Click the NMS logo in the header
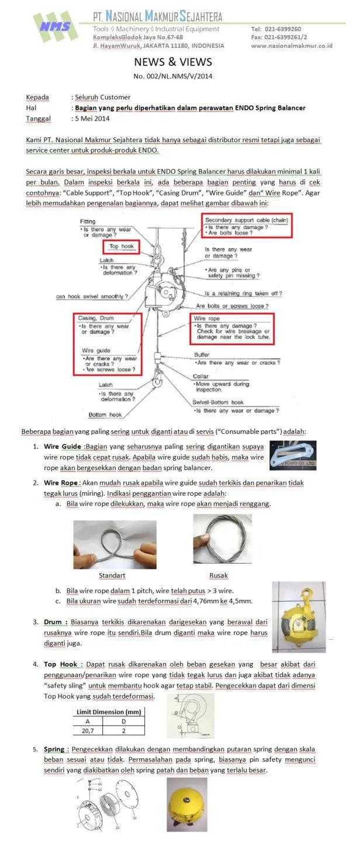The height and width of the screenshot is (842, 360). coord(56,26)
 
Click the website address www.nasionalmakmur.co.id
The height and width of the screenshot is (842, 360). coord(292,46)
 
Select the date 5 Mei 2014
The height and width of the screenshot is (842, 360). coord(94,118)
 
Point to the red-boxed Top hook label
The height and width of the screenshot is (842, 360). coord(121,246)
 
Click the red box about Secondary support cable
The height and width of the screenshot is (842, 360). coord(247,225)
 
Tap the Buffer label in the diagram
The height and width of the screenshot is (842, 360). coord(202,355)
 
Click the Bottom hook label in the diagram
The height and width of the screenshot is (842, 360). coord(105,415)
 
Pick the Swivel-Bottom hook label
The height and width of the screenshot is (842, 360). coord(218,402)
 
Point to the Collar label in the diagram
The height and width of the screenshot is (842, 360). coord(201,377)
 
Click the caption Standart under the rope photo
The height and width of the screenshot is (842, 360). coord(112,575)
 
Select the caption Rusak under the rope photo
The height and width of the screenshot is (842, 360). coord(219,575)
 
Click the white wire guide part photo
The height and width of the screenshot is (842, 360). coord(300,456)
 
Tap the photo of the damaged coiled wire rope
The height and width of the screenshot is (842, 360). coord(222,539)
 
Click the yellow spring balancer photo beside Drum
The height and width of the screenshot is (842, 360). coord(299,617)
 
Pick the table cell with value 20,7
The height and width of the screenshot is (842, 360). coord(88,730)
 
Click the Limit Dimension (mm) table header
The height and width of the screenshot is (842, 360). coord(109,712)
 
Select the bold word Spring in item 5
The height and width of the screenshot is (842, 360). coord(54,749)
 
